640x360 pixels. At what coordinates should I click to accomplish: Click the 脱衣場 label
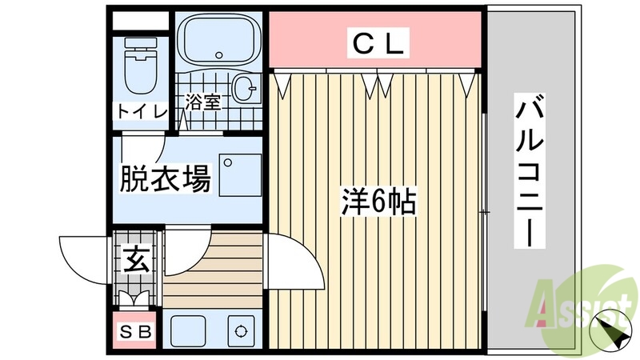pos(165,180)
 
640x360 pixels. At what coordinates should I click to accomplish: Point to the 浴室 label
pos(203,102)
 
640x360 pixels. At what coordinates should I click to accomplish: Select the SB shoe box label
pos(136,332)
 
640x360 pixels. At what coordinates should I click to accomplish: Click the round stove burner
pos(239,330)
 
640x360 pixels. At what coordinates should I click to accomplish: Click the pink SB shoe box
pos(136,332)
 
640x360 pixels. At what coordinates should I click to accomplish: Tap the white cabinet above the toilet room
pos(141,21)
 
